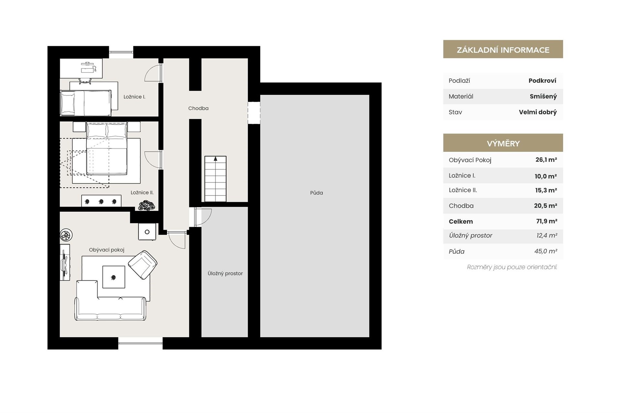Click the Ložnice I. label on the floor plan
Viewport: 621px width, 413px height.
pos(134,97)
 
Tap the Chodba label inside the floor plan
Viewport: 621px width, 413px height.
pos(198,108)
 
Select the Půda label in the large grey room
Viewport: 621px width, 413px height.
pos(316,193)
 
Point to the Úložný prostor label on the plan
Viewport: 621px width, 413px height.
pos(225,273)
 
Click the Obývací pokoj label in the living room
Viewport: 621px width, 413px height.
pos(106,250)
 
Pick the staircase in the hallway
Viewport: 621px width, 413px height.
pos(215,179)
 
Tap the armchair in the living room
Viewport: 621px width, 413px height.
pos(143,265)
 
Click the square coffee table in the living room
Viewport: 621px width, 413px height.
pos(114,277)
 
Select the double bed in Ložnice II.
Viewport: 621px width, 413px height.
pos(106,148)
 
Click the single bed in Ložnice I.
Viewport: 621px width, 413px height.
pos(86,103)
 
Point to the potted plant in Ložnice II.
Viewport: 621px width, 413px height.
pos(147,206)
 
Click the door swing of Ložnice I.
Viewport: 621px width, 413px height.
pos(152,72)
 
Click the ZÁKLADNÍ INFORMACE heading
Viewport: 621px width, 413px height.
pos(503,50)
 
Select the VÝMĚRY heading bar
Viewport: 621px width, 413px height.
pos(503,143)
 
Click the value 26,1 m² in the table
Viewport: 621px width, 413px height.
pos(546,160)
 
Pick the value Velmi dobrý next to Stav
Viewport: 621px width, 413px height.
pos(538,112)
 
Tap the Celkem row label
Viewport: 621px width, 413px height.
pos(461,221)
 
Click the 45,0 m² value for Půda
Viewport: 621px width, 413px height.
pos(546,251)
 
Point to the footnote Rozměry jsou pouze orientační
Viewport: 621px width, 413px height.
pos(512,267)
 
